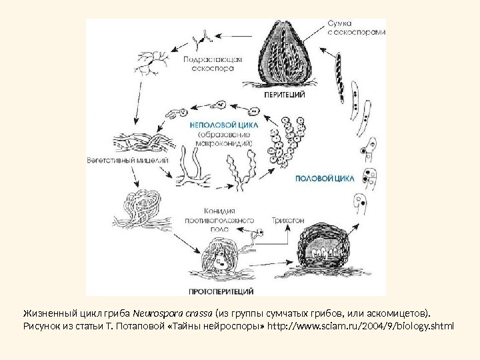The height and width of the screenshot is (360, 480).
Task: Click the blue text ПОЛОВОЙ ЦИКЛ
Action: [x=319, y=179]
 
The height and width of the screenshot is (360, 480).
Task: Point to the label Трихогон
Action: [x=285, y=218]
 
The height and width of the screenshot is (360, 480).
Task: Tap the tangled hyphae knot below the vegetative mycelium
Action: [x=136, y=207]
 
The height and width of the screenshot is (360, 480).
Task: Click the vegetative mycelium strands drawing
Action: [x=140, y=143]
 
